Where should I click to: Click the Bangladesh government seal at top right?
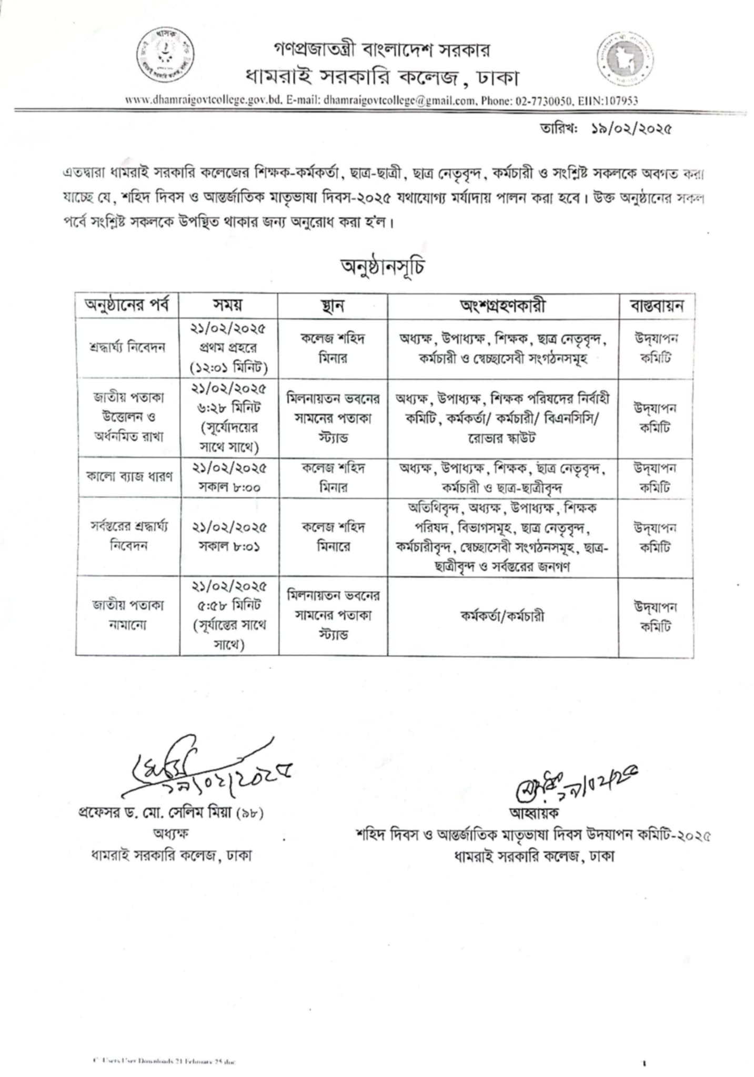(x=625, y=58)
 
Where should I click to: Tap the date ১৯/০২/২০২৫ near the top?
(x=631, y=129)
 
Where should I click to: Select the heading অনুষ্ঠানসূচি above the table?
(x=383, y=267)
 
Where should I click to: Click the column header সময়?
(x=228, y=306)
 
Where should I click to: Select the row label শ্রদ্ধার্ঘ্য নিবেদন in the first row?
(x=127, y=348)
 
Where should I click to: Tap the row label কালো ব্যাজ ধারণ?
(x=129, y=477)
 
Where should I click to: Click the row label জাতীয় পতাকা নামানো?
(x=128, y=615)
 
